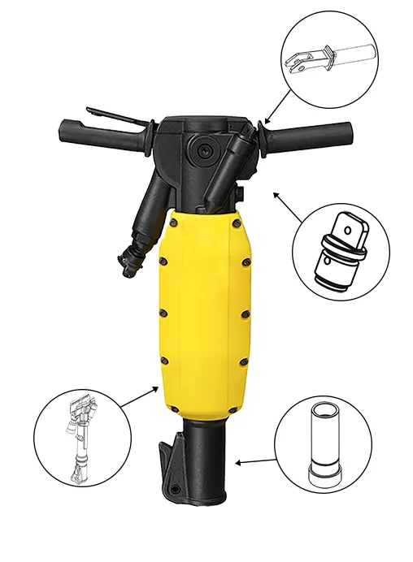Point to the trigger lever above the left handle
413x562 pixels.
pyautogui.click(x=114, y=110)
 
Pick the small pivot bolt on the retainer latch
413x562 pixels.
pyautogui.click(x=172, y=491)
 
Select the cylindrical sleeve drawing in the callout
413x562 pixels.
pyautogui.click(x=323, y=443)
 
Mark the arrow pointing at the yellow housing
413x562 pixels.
pyautogui.click(x=141, y=396)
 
